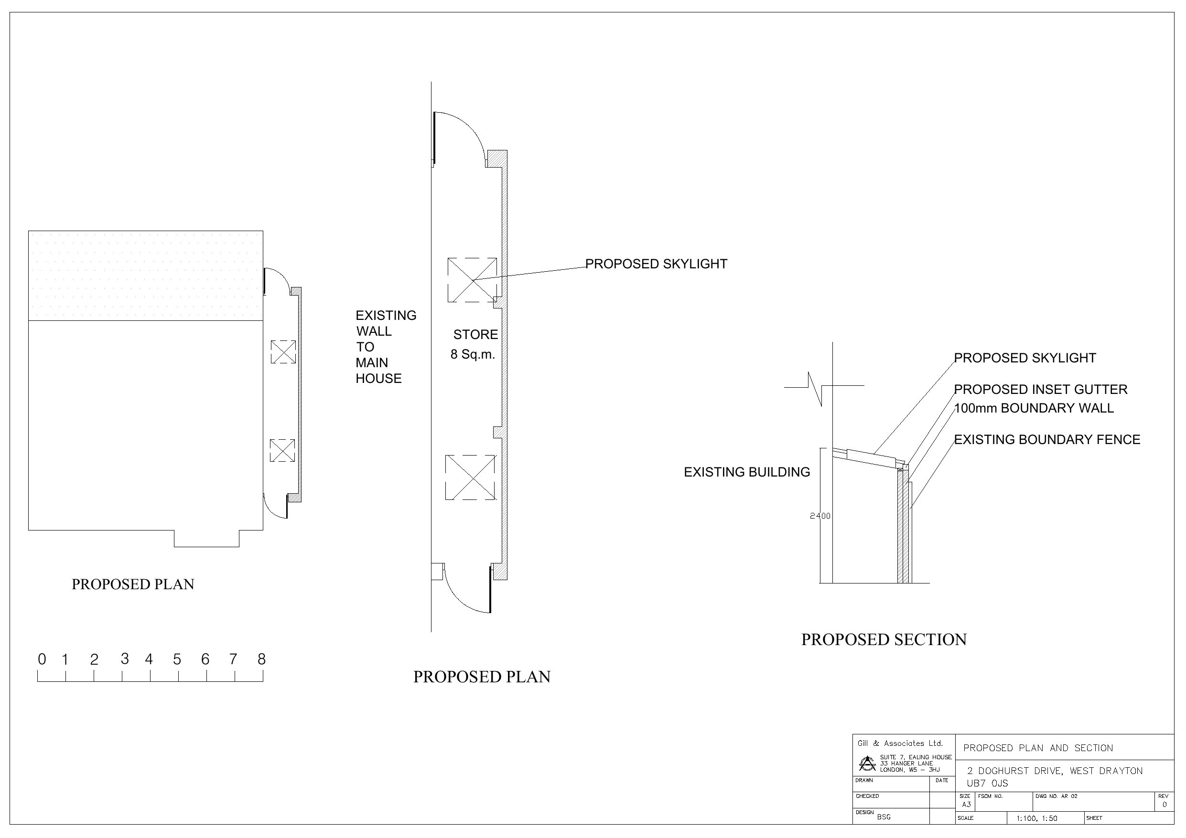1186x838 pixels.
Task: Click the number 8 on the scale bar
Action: point(261,659)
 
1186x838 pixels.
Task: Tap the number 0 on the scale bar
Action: point(42,659)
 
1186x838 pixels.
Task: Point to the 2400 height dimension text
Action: point(820,516)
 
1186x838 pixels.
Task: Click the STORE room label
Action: point(475,335)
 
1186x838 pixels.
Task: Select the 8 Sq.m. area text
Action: point(473,355)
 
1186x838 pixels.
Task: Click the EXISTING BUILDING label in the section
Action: point(746,472)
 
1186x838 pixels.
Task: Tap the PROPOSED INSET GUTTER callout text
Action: point(1040,389)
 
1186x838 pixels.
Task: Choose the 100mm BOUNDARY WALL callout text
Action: point(1034,408)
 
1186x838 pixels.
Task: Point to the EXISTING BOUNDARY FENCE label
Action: point(1046,439)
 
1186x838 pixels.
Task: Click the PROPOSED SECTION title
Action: point(884,640)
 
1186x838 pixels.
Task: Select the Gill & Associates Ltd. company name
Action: point(900,743)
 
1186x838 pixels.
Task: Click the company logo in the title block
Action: point(867,763)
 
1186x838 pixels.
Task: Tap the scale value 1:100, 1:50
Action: point(1036,818)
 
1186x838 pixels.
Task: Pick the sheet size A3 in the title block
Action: point(966,805)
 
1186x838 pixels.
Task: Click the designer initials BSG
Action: point(884,817)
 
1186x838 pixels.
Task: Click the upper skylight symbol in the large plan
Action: point(472,280)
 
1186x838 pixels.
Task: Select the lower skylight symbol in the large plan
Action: point(470,477)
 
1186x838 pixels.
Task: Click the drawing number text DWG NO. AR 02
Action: point(1056,796)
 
